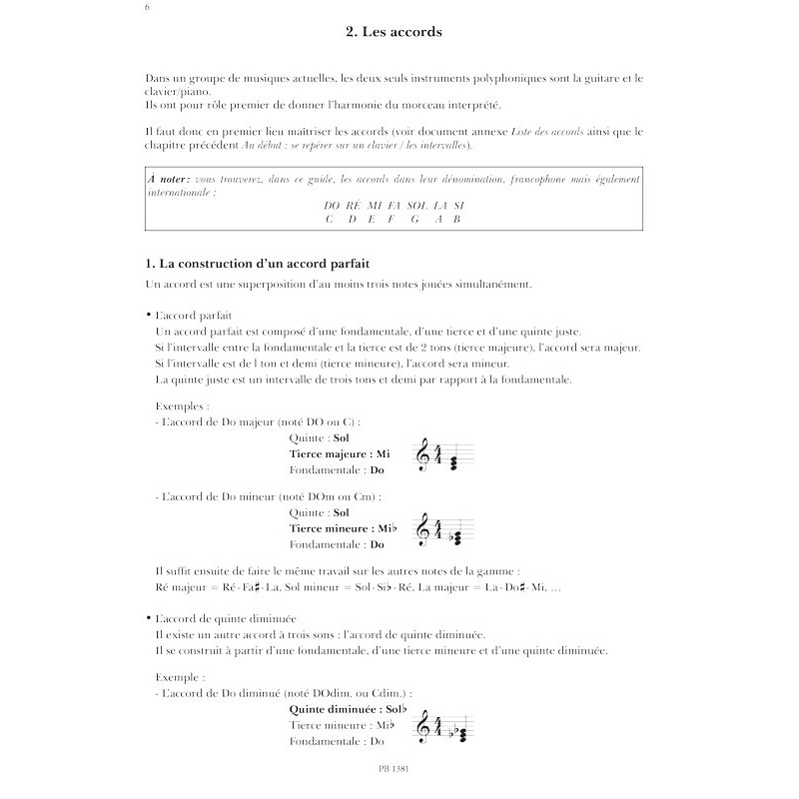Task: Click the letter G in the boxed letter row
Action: click(411, 219)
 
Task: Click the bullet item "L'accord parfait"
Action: click(195, 315)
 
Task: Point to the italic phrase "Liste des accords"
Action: click(551, 131)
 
